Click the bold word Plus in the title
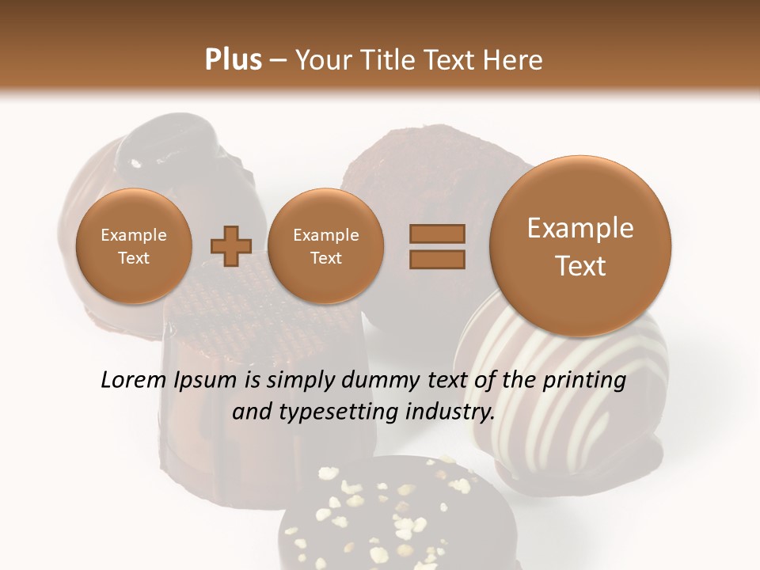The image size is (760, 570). tap(233, 59)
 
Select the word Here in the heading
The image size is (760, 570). tap(515, 59)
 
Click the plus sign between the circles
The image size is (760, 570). tap(231, 247)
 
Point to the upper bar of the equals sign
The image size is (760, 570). tap(436, 234)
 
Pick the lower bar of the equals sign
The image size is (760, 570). tap(436, 260)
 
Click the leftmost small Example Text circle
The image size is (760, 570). tap(133, 246)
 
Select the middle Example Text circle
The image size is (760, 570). tap(325, 246)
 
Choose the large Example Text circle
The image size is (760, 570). tap(580, 246)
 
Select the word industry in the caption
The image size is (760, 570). tap(450, 412)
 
